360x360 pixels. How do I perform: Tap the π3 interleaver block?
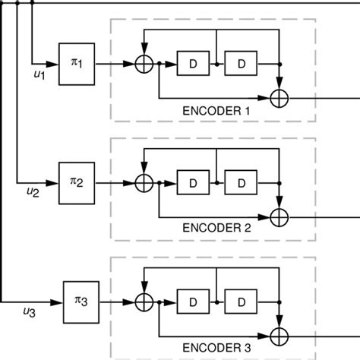point(79,301)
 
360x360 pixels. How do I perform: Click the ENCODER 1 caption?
point(216,111)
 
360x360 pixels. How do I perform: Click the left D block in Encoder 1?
point(193,65)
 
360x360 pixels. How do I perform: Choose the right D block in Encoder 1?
point(241,65)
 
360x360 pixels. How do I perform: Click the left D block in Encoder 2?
point(193,182)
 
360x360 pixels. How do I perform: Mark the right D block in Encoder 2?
point(241,182)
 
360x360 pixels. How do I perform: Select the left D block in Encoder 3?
point(193,301)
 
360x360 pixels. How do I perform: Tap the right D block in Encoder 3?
point(241,301)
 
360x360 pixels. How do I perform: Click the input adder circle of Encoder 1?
point(144,65)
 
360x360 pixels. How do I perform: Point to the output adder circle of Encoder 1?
point(281,98)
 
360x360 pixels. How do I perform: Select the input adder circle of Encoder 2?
point(144,182)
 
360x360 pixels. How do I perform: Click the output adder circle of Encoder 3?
point(281,334)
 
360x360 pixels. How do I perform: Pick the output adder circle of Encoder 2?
point(281,216)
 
